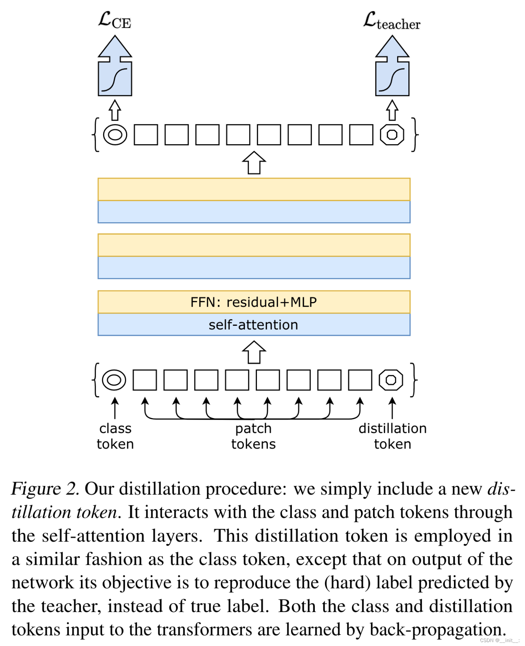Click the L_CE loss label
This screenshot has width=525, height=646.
click(114, 20)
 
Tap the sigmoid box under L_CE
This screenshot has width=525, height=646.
click(115, 79)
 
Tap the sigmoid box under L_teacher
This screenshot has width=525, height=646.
click(392, 79)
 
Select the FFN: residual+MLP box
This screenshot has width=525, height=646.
click(254, 302)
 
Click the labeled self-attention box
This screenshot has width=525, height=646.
click(254, 325)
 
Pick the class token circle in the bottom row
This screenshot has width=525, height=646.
click(114, 380)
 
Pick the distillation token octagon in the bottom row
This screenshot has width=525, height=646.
click(391, 380)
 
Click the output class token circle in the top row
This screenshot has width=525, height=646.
click(115, 135)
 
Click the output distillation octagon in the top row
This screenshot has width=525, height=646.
click(392, 135)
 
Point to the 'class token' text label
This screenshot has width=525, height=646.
click(115, 436)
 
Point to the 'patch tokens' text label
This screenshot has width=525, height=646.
click(253, 436)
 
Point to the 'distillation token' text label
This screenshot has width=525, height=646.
click(392, 436)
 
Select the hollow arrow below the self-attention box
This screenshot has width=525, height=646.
click(254, 352)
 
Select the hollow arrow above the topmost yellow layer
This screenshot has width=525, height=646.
click(254, 163)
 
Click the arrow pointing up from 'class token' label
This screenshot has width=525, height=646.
click(114, 408)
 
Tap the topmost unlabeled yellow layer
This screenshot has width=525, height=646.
click(254, 189)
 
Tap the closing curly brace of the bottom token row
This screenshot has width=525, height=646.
click(414, 380)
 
